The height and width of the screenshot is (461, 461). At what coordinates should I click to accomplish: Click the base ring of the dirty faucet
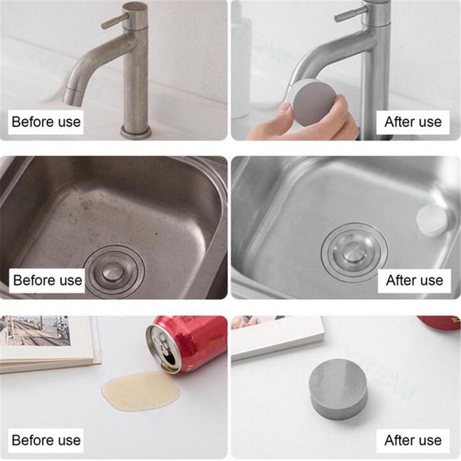coord(136,131)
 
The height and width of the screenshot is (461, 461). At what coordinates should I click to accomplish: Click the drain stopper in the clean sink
coord(354,252)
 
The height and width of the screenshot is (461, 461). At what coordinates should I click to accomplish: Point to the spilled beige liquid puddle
coord(142,391)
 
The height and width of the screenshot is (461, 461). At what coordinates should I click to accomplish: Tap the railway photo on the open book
coord(35,331)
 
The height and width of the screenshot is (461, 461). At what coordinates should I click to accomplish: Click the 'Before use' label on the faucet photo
coord(46,122)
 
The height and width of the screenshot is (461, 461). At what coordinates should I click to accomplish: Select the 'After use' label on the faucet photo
coord(413,122)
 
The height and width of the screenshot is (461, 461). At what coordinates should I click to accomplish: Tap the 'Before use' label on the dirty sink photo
coord(47,280)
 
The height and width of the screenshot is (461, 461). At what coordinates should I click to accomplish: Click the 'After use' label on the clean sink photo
coord(414,280)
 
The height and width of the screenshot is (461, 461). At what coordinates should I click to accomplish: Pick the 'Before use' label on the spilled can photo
coord(46,440)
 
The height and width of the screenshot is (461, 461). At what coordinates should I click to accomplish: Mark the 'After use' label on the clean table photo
coord(413,440)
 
